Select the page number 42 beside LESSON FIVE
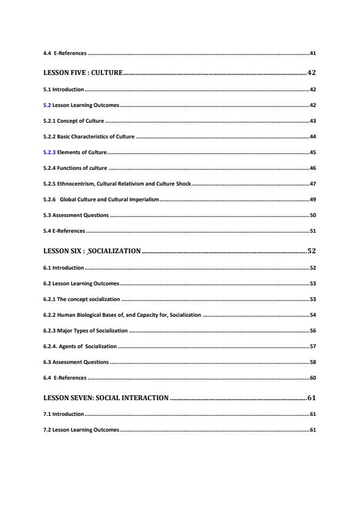[x=311, y=73]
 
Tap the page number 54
[x=312, y=314]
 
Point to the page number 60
[x=312, y=377]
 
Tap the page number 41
[x=312, y=53]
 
